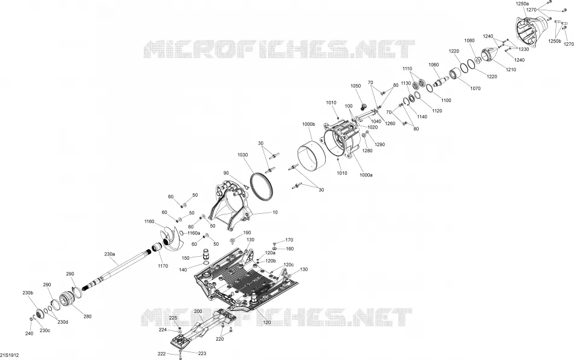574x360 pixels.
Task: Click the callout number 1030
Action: (243, 155)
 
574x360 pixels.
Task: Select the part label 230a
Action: (110, 254)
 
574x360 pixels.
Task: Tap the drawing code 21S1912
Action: (10, 355)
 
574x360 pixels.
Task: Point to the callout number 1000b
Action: (309, 124)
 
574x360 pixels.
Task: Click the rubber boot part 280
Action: (67, 297)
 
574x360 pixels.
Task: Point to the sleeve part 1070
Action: (456, 74)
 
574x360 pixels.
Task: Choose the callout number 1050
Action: (356, 86)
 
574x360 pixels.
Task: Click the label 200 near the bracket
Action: (198, 311)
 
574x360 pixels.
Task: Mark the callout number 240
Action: (29, 333)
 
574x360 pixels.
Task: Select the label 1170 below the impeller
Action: (163, 266)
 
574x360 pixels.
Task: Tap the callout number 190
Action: (247, 233)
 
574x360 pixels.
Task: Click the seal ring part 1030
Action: (262, 187)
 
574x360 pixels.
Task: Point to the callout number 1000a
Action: (366, 175)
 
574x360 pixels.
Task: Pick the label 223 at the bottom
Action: (202, 353)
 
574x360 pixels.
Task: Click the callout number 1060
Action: (433, 65)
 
